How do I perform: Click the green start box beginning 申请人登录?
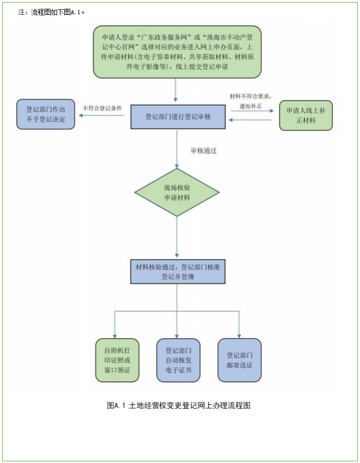point(176,52)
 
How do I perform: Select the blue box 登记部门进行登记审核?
point(178,116)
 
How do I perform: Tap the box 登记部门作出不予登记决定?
point(46,114)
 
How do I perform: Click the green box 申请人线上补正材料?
point(306,115)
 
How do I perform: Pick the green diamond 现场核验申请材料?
point(177,192)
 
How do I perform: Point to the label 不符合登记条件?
point(102,108)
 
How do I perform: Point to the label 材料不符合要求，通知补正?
point(250,100)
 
